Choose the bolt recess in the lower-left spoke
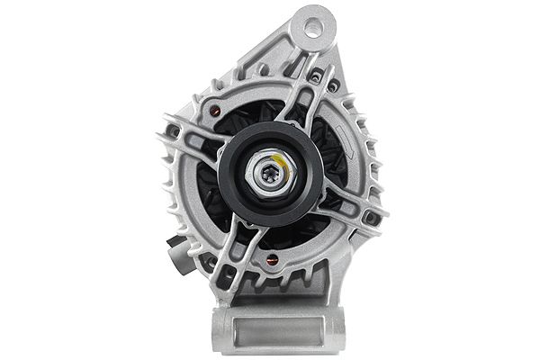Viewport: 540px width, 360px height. pos(213,263)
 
